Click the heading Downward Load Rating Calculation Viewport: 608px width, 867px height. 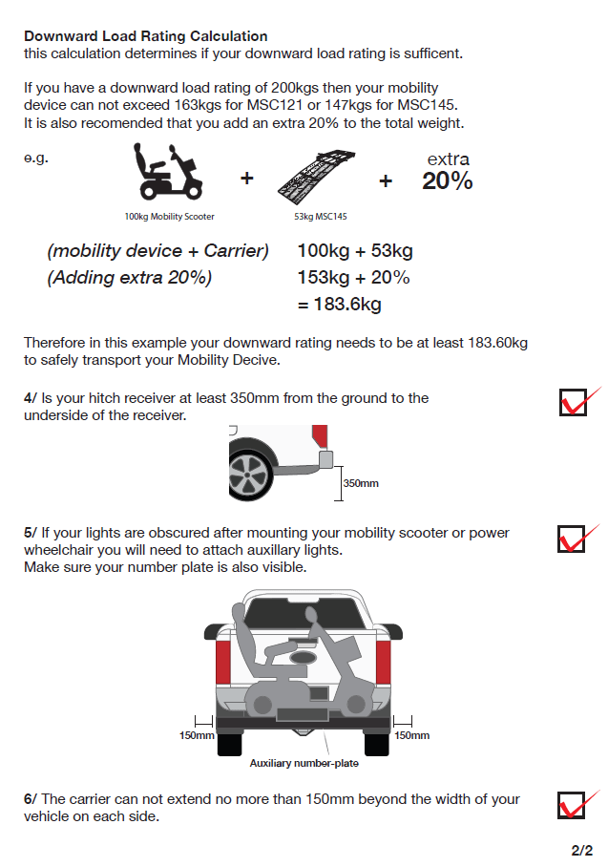click(145, 36)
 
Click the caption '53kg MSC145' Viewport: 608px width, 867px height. click(320, 217)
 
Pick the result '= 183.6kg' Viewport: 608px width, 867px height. click(340, 305)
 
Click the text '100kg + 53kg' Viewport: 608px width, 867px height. click(355, 251)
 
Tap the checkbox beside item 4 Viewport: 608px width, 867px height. click(573, 402)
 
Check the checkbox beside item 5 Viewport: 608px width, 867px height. click(571, 539)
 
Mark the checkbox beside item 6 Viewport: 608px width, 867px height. click(571, 805)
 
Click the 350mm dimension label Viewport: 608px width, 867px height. click(361, 483)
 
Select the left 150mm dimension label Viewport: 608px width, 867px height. click(197, 735)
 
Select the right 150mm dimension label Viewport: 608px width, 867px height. click(411, 735)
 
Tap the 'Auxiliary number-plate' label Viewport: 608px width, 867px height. click(304, 763)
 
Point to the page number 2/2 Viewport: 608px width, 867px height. click(582, 850)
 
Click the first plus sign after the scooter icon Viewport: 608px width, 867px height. click(246, 178)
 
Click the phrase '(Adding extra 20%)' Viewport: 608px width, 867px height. click(130, 278)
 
